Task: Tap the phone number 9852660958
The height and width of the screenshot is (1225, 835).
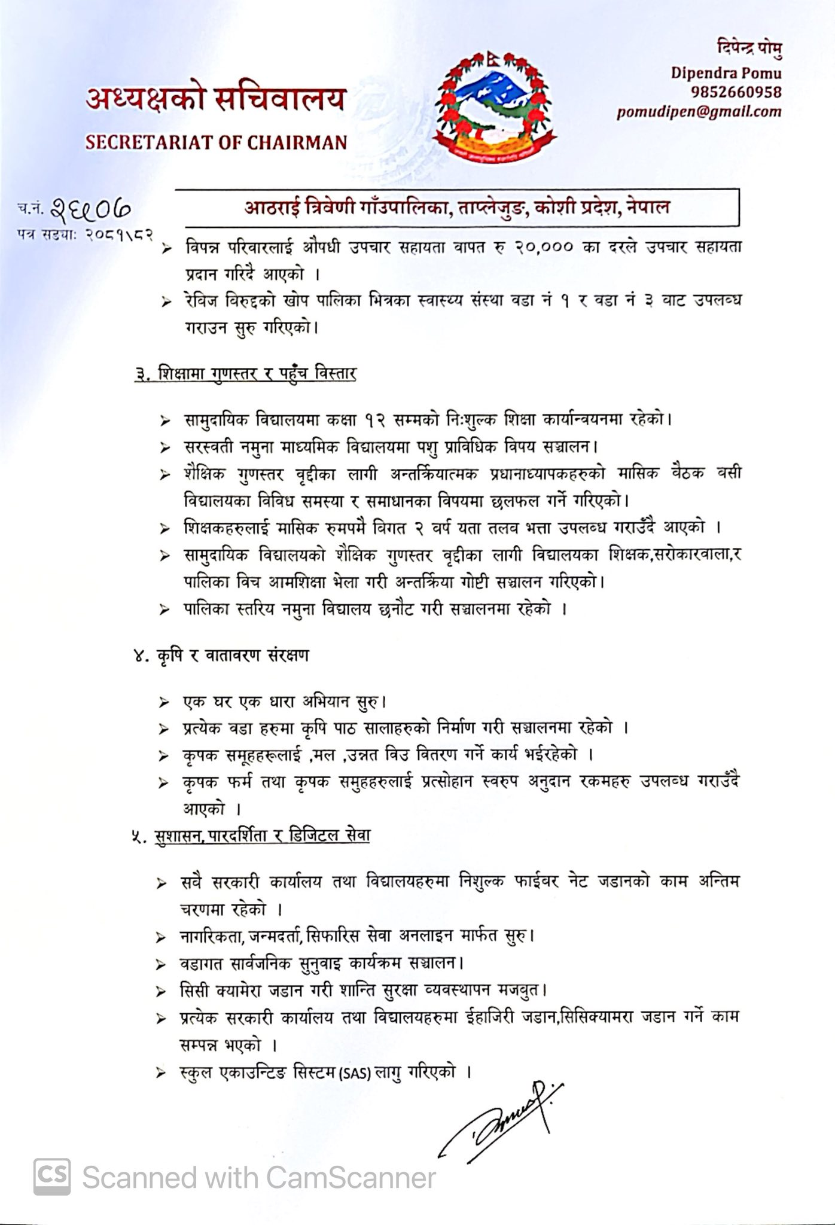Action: pyautogui.click(x=736, y=92)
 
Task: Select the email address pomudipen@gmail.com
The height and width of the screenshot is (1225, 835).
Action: pyautogui.click(x=699, y=112)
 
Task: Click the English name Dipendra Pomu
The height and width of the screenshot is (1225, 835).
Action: pyautogui.click(x=726, y=73)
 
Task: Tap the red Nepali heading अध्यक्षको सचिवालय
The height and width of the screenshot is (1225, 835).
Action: pyautogui.click(x=216, y=99)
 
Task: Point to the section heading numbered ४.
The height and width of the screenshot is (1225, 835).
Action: pyautogui.click(x=221, y=656)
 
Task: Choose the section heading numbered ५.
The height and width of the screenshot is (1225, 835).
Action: pyautogui.click(x=251, y=835)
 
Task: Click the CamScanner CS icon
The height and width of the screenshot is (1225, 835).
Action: pyautogui.click(x=52, y=1176)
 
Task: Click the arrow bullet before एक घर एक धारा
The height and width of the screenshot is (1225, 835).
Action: pyautogui.click(x=164, y=702)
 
